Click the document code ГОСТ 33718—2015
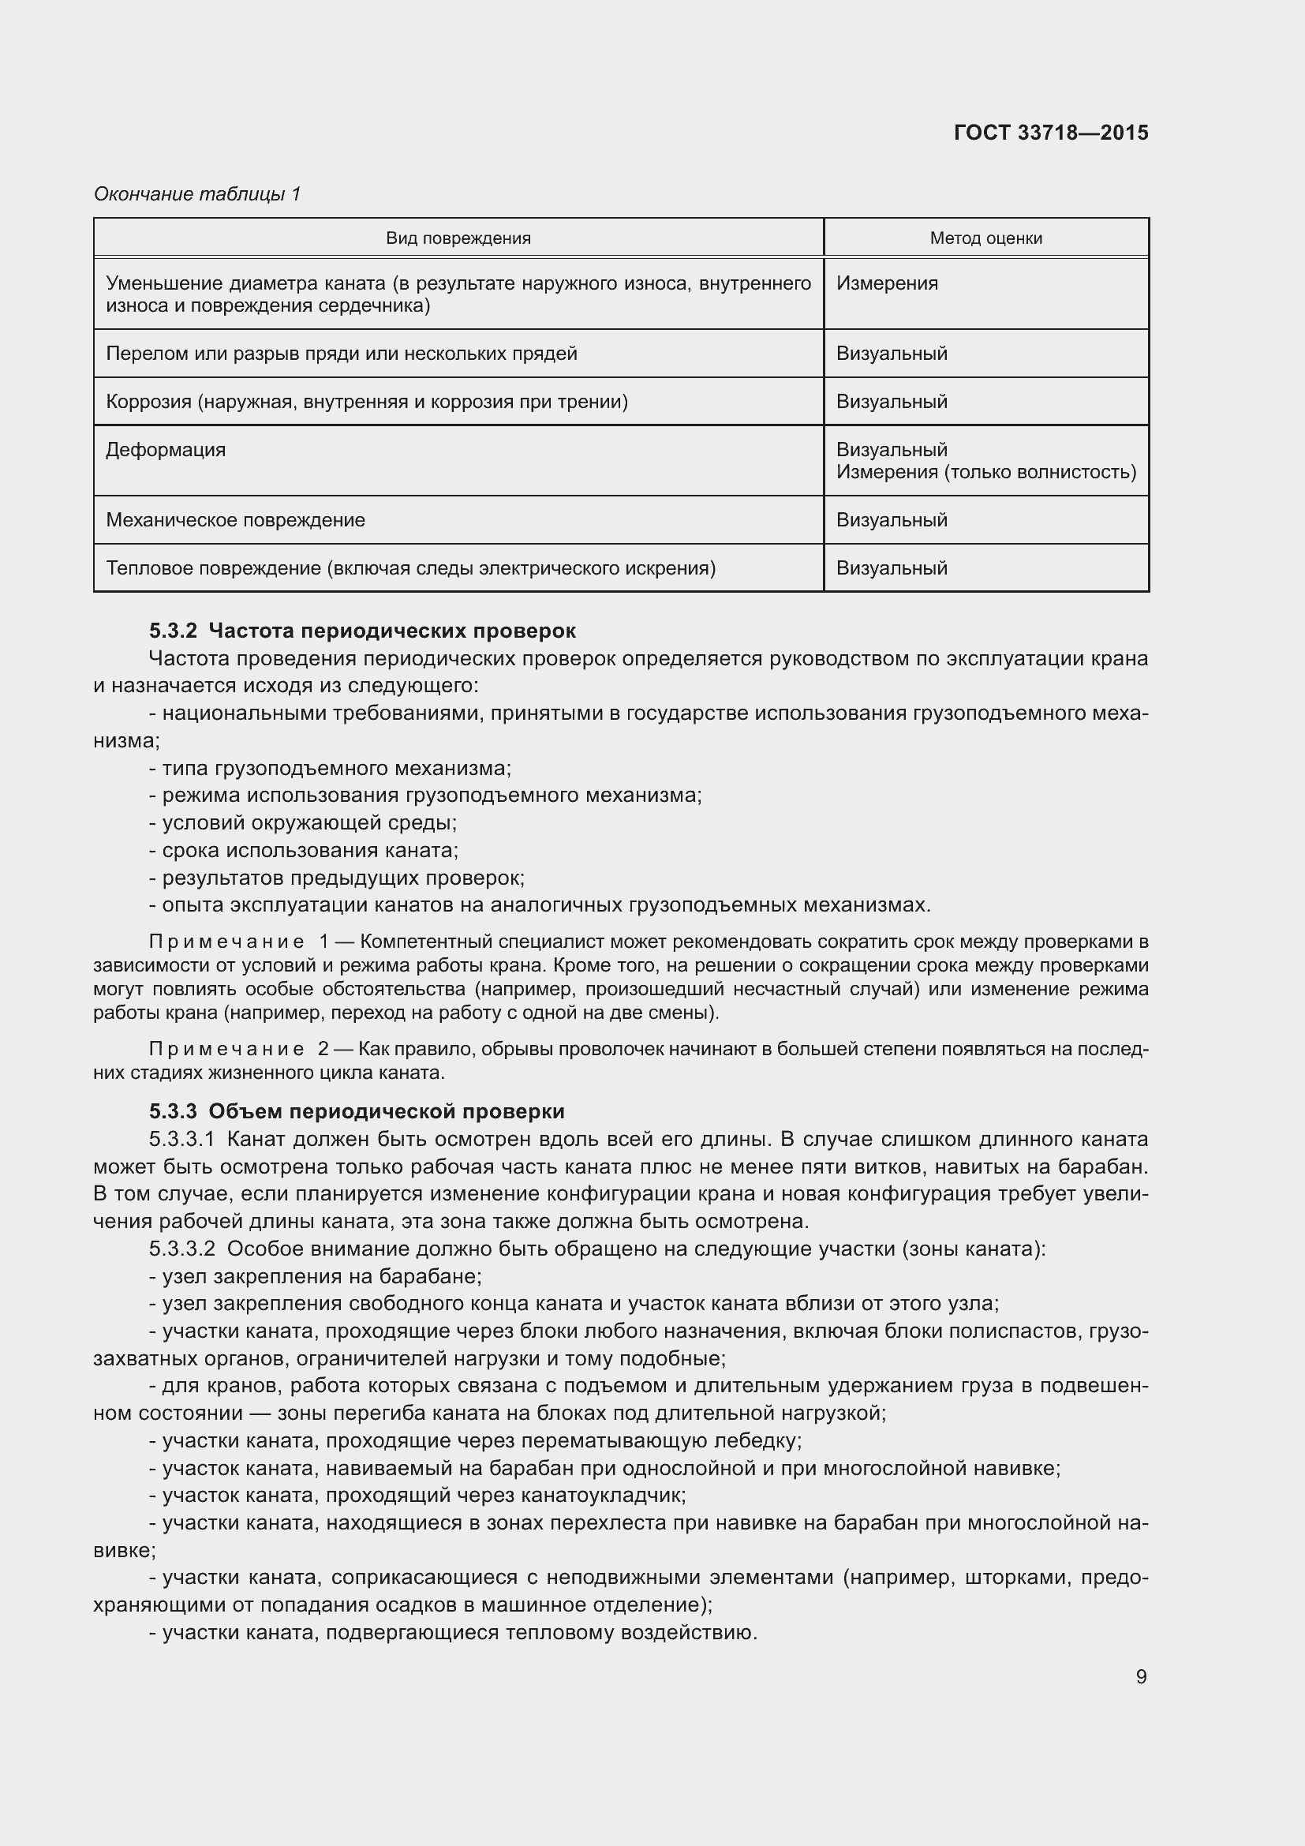coord(1050,133)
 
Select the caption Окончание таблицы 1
coord(197,194)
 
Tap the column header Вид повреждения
coord(458,238)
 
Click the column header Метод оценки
coord(985,238)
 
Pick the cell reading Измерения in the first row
coord(886,283)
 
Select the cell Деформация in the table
coord(166,449)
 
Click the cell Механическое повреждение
coord(235,520)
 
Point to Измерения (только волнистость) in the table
coord(985,472)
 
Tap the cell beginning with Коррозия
coord(366,401)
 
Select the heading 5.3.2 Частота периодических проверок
coord(362,631)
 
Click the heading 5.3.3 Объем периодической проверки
coord(357,1111)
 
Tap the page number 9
coord(1140,1676)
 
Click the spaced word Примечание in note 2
coord(226,1049)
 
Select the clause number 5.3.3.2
coord(181,1249)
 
